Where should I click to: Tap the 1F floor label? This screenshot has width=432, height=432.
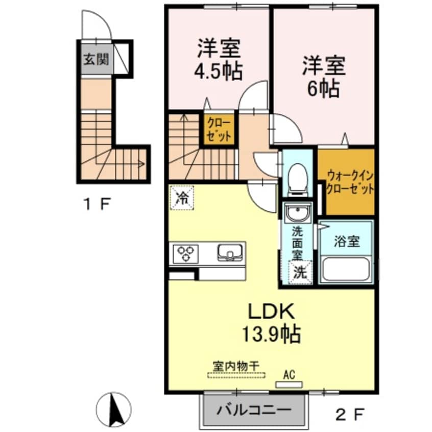pos(97,205)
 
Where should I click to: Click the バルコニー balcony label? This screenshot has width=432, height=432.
pos(253,410)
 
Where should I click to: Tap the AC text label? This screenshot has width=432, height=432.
pos(289,375)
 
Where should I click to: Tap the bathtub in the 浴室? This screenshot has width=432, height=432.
pos(346,269)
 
